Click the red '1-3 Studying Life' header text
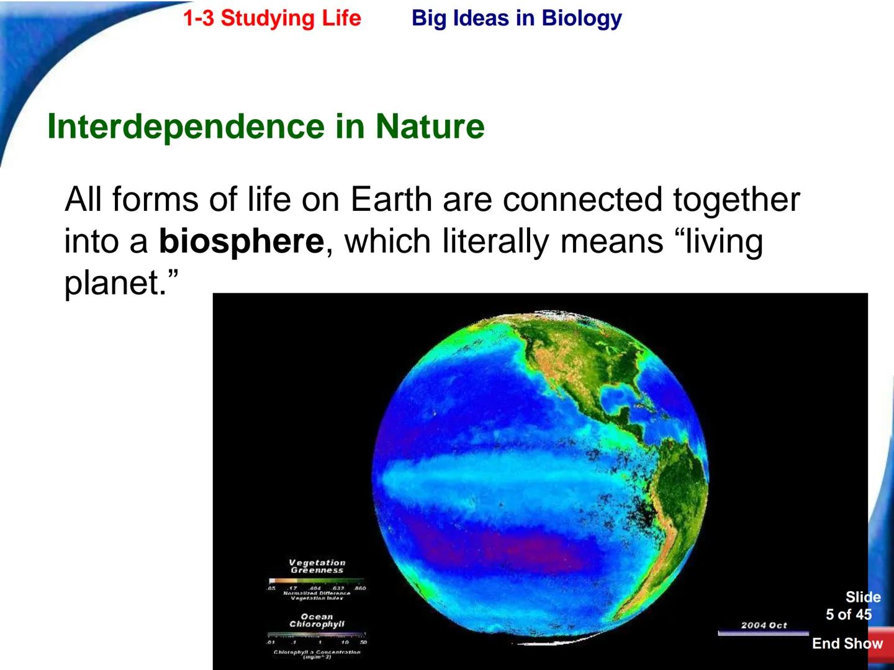[x=272, y=18]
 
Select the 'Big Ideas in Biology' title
[x=517, y=18]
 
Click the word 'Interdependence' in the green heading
[x=186, y=127]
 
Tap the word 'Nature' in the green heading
[x=430, y=127]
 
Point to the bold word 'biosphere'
[x=241, y=241]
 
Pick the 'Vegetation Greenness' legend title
[x=317, y=566]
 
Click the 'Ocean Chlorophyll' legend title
[x=317, y=620]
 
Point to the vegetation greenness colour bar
[x=317, y=581]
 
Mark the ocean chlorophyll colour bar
[x=317, y=635]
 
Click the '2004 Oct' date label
[x=764, y=625]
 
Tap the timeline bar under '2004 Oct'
[x=764, y=633]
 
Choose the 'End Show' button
[x=847, y=644]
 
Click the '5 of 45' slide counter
[x=849, y=615]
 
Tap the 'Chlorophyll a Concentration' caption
[x=317, y=653]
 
